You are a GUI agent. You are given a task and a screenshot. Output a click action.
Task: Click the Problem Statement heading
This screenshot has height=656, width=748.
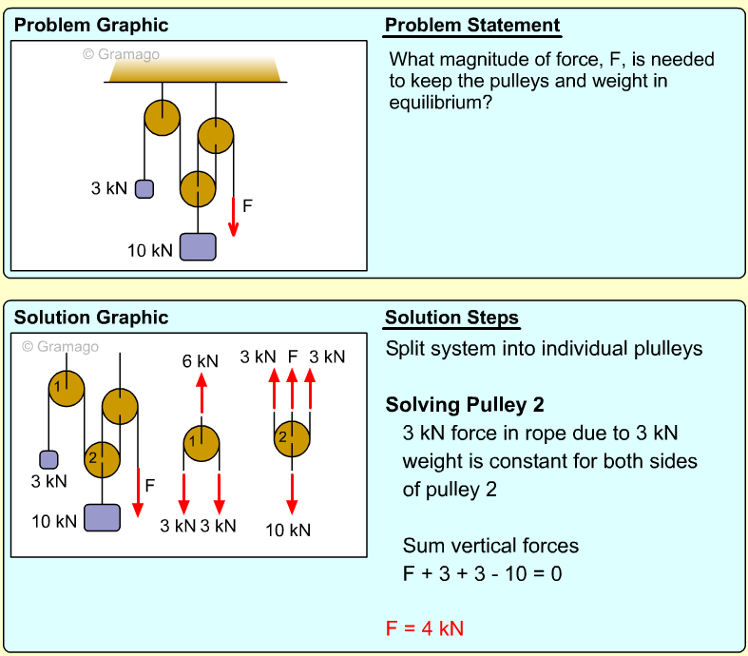[x=472, y=26]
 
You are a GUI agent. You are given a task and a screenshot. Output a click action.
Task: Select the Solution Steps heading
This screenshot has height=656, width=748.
[x=451, y=318]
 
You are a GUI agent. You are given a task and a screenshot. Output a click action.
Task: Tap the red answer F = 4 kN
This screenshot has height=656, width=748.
[x=425, y=628]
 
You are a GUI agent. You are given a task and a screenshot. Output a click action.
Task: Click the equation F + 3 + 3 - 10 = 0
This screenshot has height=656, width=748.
[x=482, y=573]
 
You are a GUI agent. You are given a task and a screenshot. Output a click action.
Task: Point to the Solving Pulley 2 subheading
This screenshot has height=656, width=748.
[x=465, y=405]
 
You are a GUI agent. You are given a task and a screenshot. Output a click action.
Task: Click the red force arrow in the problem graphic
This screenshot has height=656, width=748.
[x=233, y=217]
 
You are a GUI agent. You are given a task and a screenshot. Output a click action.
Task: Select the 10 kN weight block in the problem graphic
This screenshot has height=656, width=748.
[x=198, y=246]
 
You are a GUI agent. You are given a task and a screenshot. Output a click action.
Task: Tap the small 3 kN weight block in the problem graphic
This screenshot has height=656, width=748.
[x=144, y=189]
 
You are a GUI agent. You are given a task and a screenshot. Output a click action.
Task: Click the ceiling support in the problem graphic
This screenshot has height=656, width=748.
[x=195, y=69]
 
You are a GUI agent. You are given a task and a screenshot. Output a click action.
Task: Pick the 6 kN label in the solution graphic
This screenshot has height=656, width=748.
[x=201, y=361]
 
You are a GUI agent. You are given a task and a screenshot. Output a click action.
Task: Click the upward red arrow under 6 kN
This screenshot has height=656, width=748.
[x=201, y=393]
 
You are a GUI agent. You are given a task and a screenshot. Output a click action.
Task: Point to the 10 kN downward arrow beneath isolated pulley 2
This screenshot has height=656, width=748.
[x=292, y=493]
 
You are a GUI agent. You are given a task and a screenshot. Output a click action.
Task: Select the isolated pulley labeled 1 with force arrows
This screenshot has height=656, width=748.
[x=201, y=444]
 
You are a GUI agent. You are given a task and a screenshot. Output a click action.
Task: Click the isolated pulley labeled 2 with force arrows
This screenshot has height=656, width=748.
[x=292, y=439]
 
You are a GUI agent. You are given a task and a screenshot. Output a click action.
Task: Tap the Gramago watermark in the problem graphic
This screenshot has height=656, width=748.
[x=121, y=54]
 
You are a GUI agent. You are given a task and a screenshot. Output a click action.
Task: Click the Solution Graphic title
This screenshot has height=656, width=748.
[x=91, y=318]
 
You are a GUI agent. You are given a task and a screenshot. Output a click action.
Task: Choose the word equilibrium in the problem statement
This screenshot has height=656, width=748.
[x=440, y=103]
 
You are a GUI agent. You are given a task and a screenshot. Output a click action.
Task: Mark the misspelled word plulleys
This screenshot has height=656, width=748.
[x=668, y=349]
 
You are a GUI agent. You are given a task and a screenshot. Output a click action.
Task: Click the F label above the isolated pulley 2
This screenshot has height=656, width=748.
[x=293, y=357]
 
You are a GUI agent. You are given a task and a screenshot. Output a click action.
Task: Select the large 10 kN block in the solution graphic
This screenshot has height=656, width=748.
[x=102, y=517]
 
